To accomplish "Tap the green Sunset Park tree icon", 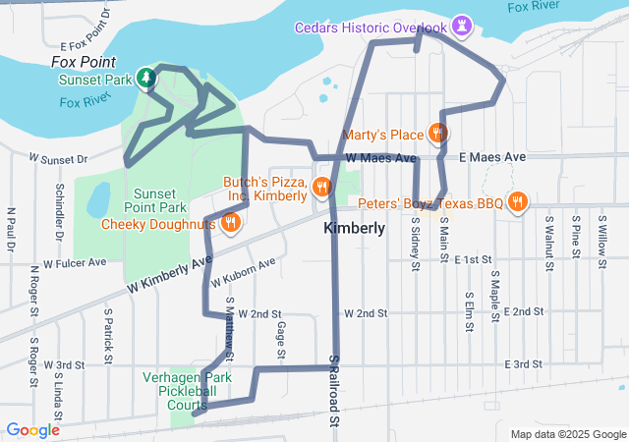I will pos(146,78).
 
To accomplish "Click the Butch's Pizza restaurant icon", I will pos(320,187).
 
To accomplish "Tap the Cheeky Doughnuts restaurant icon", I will pos(230,223).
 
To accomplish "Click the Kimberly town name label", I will pos(353,228).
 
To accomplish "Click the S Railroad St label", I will pos(334,390).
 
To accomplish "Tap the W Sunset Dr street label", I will pos(58,157).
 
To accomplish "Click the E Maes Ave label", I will pos(492,157).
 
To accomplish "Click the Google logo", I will pos(33,430).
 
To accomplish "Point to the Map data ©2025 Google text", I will pos(567,434).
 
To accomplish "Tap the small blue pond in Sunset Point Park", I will pos(98,200).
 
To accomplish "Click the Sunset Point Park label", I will pos(159,200).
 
